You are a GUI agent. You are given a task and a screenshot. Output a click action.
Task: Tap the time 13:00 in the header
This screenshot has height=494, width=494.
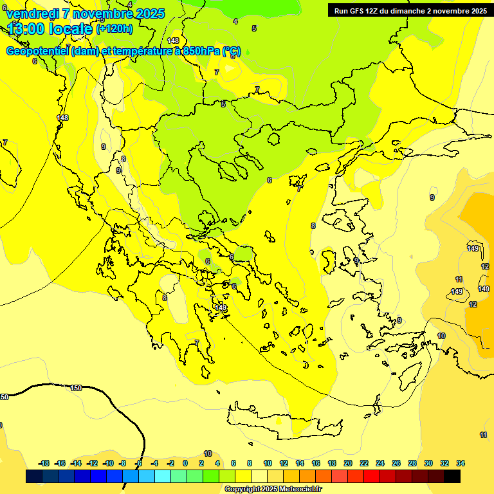(26, 28)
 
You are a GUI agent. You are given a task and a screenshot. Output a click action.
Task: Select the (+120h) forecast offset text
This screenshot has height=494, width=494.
(114, 28)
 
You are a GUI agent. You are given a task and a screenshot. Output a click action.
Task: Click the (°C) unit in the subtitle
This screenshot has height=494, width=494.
(232, 51)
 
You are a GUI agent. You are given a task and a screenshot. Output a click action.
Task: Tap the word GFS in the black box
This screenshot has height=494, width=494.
(356, 10)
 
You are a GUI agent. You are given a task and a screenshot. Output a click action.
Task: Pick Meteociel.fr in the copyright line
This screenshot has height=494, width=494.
(300, 489)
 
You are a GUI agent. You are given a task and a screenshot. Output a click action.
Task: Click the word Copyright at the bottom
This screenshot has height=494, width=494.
(242, 489)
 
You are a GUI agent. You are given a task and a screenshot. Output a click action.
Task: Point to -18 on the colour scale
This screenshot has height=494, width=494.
(44, 463)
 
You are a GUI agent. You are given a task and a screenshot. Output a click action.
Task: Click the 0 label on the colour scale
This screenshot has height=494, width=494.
(185, 463)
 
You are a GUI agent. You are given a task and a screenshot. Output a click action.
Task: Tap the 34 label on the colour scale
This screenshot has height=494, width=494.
(461, 463)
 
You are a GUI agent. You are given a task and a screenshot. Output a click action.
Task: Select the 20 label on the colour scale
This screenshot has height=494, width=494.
(348, 463)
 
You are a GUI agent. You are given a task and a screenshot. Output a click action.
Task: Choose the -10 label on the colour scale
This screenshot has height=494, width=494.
(108, 463)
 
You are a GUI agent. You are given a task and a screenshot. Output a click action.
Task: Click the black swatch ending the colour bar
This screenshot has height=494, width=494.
(452, 476)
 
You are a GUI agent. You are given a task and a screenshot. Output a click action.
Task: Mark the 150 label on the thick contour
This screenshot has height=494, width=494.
(76, 388)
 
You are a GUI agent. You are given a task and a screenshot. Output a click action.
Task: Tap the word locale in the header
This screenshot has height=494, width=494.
(71, 28)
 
